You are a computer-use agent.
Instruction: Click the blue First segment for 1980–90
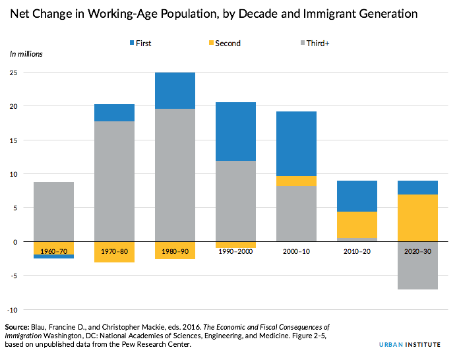pos(175,90)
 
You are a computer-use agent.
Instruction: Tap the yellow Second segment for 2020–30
pos(417,218)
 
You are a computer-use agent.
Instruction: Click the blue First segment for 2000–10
pos(296,144)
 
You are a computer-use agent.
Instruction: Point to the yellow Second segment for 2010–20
pos(357,225)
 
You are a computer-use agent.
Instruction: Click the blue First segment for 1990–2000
pos(235,131)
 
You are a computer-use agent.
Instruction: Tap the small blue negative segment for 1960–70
pos(53,256)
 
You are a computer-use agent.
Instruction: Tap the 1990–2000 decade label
pos(235,252)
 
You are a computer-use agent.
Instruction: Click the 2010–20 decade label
pos(357,252)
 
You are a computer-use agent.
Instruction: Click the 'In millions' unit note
pos(26,53)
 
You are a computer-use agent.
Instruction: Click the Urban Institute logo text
pos(414,345)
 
